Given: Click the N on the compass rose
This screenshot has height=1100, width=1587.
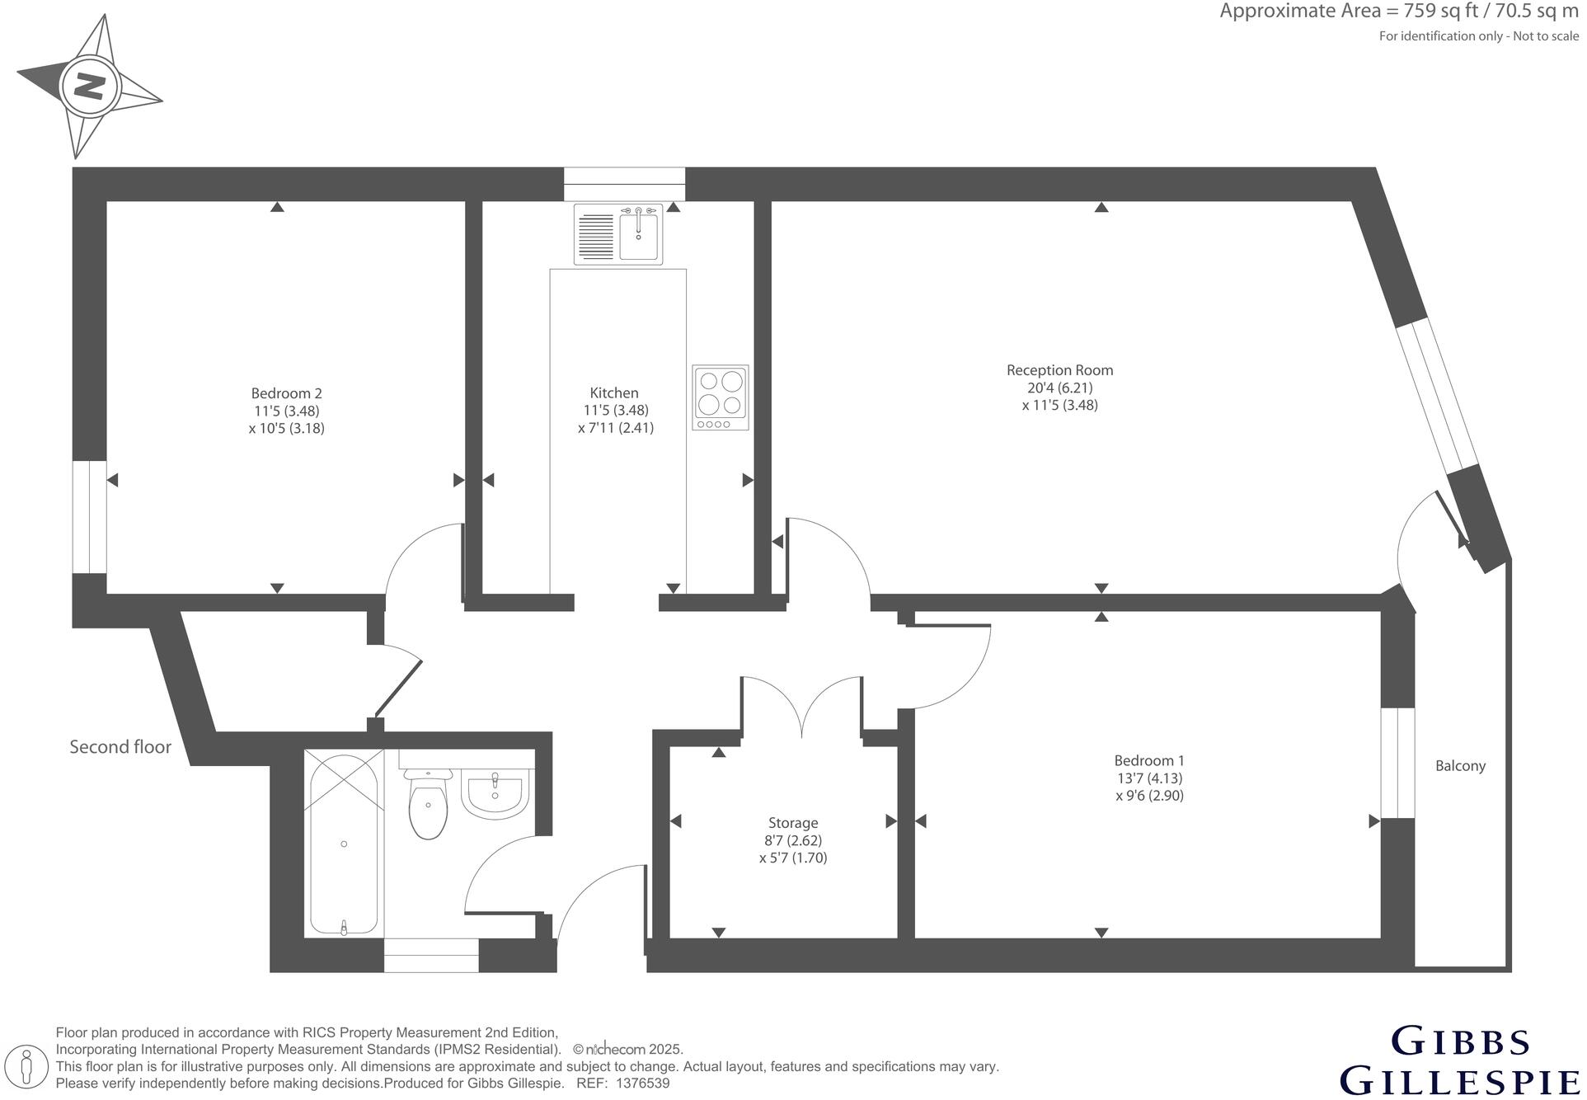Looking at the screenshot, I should click(x=89, y=85).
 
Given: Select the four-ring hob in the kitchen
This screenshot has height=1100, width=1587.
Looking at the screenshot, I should click(x=721, y=397).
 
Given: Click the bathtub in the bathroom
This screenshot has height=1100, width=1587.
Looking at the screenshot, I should click(x=345, y=844).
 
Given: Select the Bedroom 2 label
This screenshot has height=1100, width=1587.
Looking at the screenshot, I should click(x=287, y=394).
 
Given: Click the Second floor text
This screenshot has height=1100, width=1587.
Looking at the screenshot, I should click(x=120, y=748).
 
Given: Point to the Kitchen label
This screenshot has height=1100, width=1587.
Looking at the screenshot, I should click(x=615, y=393).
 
